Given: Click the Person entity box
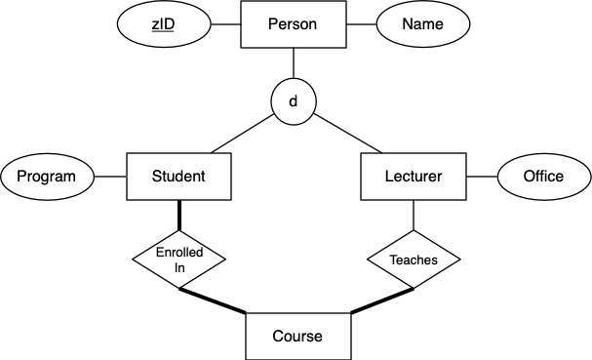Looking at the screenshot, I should click(x=294, y=24).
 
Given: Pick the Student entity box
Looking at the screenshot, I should click(x=178, y=177).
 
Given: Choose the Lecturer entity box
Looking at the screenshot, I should click(x=414, y=177).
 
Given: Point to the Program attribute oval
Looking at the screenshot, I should click(x=47, y=177).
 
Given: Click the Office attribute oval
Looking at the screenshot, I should click(x=543, y=177).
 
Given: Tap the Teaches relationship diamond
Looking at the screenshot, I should click(x=414, y=260).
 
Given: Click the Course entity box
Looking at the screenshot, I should click(x=296, y=336).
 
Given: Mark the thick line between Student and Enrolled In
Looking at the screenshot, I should click(x=178, y=216).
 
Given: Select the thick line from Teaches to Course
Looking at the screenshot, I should click(x=382, y=300).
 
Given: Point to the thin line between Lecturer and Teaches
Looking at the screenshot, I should click(x=414, y=217).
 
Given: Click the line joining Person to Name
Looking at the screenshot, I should click(x=360, y=24).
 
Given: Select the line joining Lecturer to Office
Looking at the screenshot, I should click(x=482, y=177).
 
